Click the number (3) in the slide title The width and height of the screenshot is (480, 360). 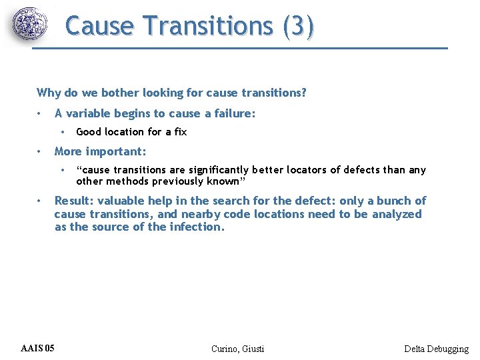(x=298, y=26)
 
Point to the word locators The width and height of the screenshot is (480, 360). (x=311, y=170)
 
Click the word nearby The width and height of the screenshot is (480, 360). (x=201, y=214)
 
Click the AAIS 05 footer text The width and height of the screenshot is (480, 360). (x=38, y=349)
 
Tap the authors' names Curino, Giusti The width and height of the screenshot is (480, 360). (x=237, y=349)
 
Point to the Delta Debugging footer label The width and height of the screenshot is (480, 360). (x=436, y=349)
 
